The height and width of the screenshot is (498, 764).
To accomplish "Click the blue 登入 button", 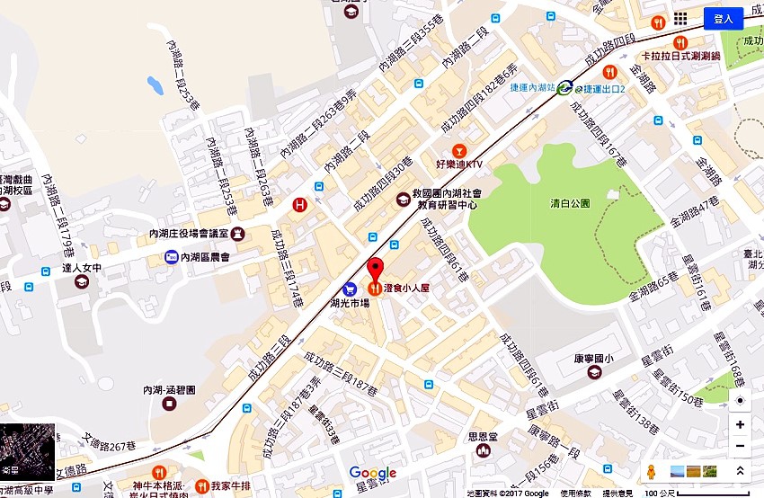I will tap(723, 19).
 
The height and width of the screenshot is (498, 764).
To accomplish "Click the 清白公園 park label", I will tap(571, 203).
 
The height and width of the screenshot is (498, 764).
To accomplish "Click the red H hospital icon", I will tap(301, 205).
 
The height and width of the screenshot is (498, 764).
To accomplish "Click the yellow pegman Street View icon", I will tap(651, 471).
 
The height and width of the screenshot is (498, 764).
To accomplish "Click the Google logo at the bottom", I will tap(373, 473).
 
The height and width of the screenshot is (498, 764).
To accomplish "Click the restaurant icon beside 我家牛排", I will tap(201, 486).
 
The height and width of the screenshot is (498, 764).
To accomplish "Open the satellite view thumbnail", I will tap(27, 451).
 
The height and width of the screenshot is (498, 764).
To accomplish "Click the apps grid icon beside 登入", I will tap(680, 19).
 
